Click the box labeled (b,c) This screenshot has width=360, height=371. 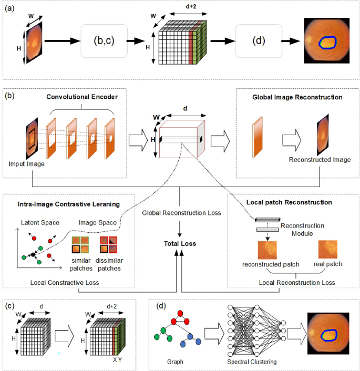(104, 40)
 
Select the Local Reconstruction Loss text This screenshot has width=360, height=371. (290, 283)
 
